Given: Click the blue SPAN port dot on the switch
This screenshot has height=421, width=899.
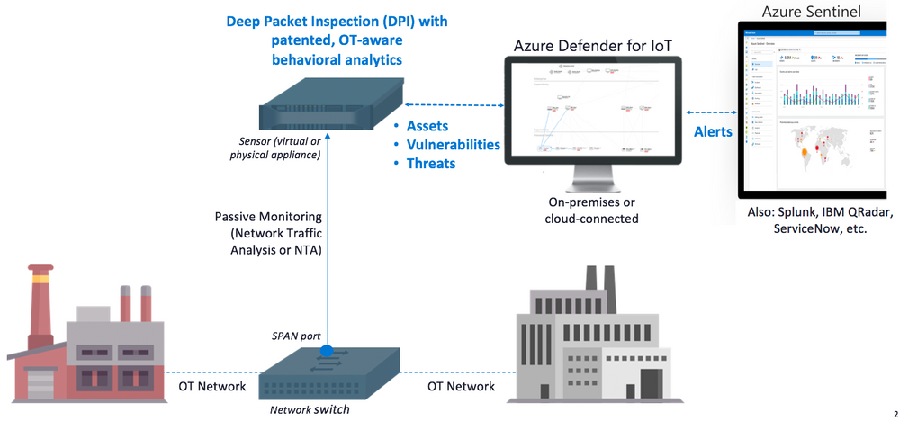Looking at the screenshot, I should tap(328, 349).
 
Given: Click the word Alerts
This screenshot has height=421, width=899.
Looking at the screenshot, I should tap(712, 131).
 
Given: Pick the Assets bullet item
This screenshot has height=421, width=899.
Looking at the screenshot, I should tap(427, 126).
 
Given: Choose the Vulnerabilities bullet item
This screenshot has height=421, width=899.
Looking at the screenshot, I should tap(453, 145).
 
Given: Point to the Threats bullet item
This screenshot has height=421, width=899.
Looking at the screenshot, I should tap(431, 164).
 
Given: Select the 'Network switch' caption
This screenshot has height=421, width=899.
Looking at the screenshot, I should tap(308, 409).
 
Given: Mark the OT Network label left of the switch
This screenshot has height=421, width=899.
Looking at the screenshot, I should tap(207, 386).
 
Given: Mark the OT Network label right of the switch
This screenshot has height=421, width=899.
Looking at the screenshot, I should tap(461, 386).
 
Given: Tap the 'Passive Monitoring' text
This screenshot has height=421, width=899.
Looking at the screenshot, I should tap(269, 217).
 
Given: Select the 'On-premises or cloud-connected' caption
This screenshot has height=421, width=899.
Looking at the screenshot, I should tap(593, 210).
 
